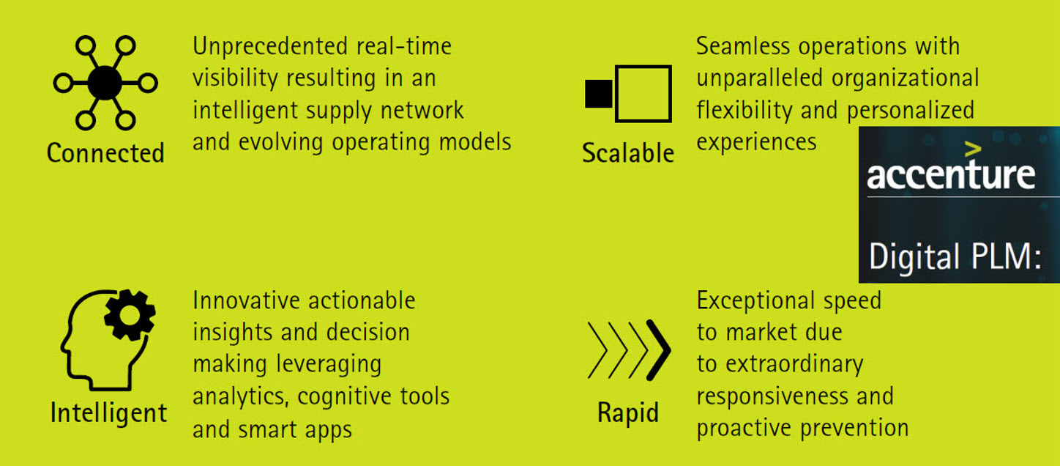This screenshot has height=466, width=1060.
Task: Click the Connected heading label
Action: (105, 153)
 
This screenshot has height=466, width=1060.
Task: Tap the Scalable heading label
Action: (628, 153)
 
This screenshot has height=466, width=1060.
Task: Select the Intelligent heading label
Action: (108, 413)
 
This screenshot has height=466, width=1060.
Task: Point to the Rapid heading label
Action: (628, 413)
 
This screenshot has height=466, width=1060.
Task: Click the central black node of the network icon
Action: (105, 83)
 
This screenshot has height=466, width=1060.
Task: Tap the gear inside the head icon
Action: (130, 315)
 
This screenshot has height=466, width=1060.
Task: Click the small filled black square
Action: (599, 94)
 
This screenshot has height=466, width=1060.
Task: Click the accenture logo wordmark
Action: (951, 174)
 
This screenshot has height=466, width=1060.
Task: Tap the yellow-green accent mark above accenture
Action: (973, 149)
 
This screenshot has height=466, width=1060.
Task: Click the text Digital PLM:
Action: (955, 256)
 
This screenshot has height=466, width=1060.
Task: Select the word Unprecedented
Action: (269, 46)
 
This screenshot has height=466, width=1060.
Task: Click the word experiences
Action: (756, 143)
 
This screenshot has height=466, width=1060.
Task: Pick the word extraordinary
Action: (794, 365)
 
